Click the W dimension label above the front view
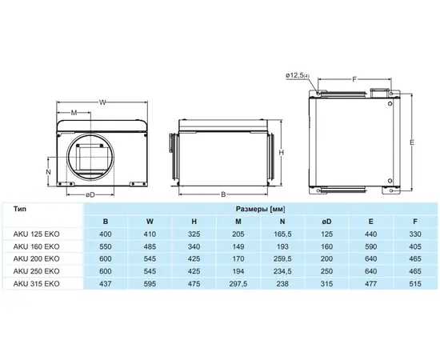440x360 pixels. coord(102,102)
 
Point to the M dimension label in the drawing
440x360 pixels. coord(74,113)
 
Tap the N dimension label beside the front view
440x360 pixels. coord(49,172)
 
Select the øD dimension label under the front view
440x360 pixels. coord(90,194)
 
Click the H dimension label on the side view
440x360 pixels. coord(282,152)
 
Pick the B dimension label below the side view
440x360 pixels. coord(223,194)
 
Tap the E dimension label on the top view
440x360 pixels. coord(412,142)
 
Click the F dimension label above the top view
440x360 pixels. coord(354,79)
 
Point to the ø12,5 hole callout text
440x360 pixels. coord(298,75)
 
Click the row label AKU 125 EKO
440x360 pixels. coord(37,234)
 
